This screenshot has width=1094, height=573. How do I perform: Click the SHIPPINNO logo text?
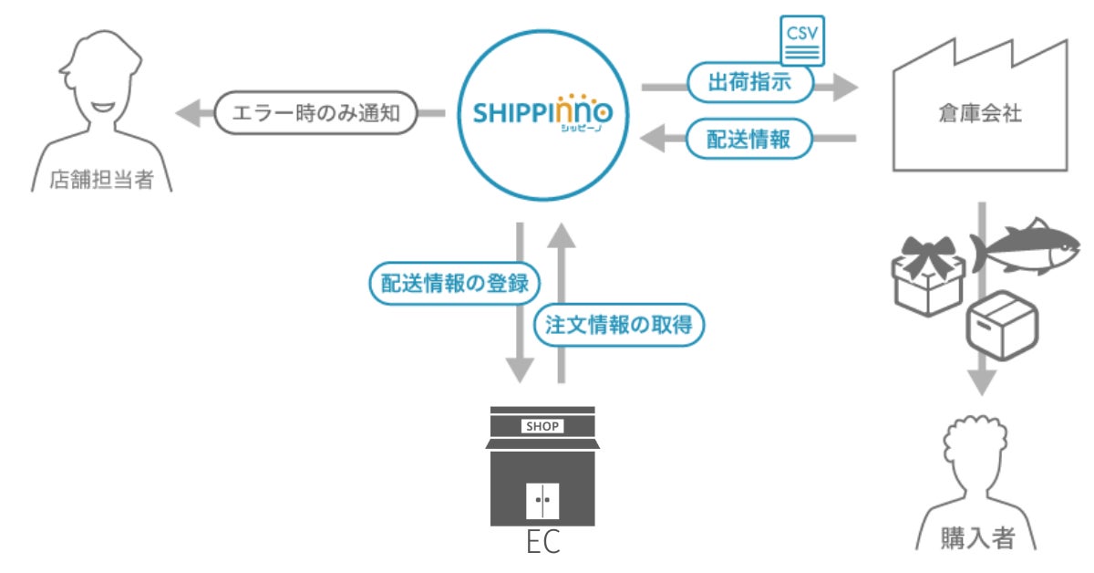pyautogui.click(x=543, y=114)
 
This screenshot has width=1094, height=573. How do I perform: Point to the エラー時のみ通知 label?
pyautogui.click(x=315, y=114)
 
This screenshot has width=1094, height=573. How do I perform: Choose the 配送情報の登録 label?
pyautogui.click(x=449, y=282)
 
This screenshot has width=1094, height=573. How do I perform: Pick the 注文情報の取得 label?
pyautogui.click(x=619, y=324)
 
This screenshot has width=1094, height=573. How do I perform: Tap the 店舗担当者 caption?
pyautogui.click(x=101, y=180)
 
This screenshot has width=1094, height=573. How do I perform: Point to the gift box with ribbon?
pyautogui.click(x=925, y=274)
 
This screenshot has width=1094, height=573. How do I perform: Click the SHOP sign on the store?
pyautogui.click(x=542, y=426)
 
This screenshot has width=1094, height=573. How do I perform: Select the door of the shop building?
pyautogui.click(x=542, y=501)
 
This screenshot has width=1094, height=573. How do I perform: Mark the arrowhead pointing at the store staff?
pyautogui.click(x=186, y=114)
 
